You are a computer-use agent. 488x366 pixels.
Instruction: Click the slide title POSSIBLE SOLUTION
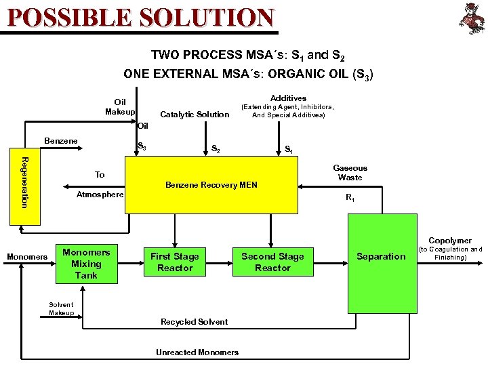point(141,16)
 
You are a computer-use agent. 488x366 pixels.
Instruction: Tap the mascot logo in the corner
point(470,18)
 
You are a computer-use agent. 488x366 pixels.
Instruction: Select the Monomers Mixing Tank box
point(86,264)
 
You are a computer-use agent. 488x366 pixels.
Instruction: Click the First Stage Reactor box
point(175,262)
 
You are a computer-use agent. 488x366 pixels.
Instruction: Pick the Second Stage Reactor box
point(272,262)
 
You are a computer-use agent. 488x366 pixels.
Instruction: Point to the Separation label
point(381,256)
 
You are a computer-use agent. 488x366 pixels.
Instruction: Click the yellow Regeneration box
point(24,182)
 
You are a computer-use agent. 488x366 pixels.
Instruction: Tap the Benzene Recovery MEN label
point(211,185)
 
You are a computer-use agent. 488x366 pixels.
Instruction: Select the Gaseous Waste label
point(350,173)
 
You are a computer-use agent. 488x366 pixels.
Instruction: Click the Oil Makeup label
point(120,107)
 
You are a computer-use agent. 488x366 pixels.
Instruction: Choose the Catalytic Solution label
point(195,115)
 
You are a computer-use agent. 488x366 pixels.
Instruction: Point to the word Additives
point(288,98)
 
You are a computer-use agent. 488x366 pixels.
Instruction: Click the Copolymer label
point(450,241)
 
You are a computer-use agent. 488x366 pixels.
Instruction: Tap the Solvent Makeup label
point(61,308)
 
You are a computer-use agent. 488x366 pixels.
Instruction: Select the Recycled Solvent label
point(194,322)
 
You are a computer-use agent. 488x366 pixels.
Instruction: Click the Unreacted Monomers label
point(197,352)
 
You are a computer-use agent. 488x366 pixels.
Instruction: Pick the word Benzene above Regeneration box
point(61,141)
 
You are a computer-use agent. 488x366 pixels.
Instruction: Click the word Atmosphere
point(100,195)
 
